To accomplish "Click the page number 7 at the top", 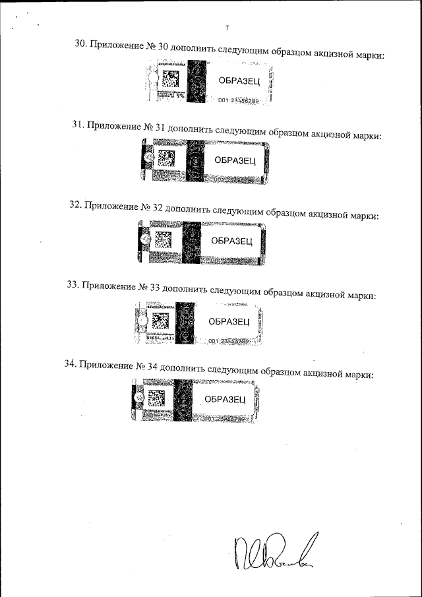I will pos(227,28).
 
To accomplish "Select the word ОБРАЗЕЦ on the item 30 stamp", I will pos(239,80).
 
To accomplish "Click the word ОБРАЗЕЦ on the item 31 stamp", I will pos(235,160).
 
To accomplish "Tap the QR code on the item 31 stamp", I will pos(166,159).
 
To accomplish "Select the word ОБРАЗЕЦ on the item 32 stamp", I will pos(231,241).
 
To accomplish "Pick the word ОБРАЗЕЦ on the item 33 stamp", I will pos(228,321).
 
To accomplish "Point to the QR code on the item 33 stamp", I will pos(160,320).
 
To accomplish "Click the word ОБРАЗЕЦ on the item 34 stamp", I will pos(225,399).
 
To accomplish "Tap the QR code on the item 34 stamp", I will pos(156,398).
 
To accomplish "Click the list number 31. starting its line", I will pos(78,124).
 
